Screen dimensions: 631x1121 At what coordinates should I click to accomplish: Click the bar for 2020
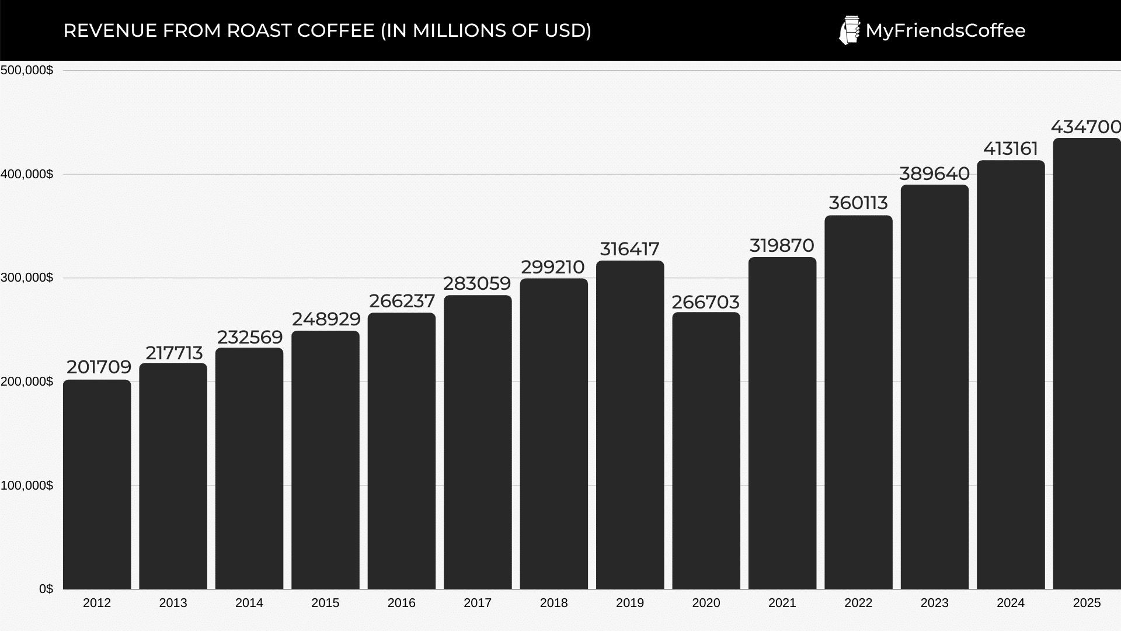click(x=706, y=450)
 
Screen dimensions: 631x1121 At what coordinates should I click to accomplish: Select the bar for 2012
click(x=97, y=484)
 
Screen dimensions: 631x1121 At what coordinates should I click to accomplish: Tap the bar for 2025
click(x=1087, y=363)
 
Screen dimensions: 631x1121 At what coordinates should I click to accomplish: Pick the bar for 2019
click(x=630, y=425)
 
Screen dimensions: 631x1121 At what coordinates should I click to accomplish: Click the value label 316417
click(x=629, y=249)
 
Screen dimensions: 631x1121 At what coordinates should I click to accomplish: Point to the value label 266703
click(x=705, y=302)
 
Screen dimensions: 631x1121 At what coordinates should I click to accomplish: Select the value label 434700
click(x=1085, y=127)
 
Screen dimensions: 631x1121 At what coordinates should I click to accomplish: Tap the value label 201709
click(x=99, y=367)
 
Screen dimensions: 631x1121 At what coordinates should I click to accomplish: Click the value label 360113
click(x=858, y=203)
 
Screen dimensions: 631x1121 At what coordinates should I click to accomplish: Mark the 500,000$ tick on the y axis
click(x=27, y=71)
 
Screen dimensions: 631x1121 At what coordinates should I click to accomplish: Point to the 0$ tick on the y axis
click(x=46, y=589)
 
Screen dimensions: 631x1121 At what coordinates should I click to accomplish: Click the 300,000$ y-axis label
click(x=27, y=278)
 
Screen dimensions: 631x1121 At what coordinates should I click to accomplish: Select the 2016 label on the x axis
click(x=401, y=603)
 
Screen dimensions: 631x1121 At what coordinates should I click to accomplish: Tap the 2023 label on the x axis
click(x=934, y=603)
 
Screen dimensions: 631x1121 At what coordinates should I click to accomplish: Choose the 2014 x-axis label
click(x=249, y=603)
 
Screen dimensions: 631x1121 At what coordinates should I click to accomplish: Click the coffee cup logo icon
click(x=849, y=30)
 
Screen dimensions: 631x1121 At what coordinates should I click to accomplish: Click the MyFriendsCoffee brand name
click(x=945, y=30)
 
